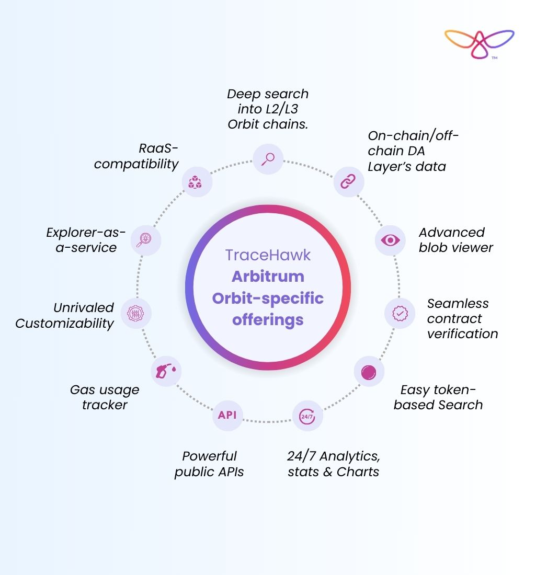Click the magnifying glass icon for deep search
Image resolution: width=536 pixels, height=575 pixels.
click(x=268, y=158)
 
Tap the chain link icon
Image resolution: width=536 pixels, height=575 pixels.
click(x=348, y=181)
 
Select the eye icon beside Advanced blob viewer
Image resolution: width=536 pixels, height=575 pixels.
click(x=390, y=240)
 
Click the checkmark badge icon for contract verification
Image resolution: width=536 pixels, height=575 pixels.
click(x=400, y=313)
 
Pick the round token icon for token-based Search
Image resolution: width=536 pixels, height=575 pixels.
click(x=369, y=372)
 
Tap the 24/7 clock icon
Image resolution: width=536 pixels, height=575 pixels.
click(x=307, y=416)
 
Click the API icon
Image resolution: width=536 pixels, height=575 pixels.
click(x=227, y=415)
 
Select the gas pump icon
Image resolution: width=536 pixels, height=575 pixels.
click(x=166, y=371)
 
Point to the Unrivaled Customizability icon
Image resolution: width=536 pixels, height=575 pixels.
click(x=136, y=314)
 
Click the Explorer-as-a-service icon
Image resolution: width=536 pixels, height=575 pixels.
click(x=146, y=240)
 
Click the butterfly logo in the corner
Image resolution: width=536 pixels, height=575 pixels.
click(x=479, y=43)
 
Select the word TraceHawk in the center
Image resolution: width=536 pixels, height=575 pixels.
click(x=268, y=255)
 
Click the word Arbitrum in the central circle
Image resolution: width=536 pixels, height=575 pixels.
click(x=268, y=276)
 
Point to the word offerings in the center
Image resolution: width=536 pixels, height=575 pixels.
click(x=268, y=319)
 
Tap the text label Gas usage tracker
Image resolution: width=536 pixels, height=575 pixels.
click(x=105, y=397)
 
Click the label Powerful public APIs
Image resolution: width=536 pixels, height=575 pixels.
click(x=209, y=464)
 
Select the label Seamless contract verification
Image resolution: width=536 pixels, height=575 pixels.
click(x=462, y=318)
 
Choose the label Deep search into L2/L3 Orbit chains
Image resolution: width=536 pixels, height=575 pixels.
click(x=268, y=109)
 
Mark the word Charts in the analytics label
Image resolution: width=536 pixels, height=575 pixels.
click(x=358, y=472)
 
